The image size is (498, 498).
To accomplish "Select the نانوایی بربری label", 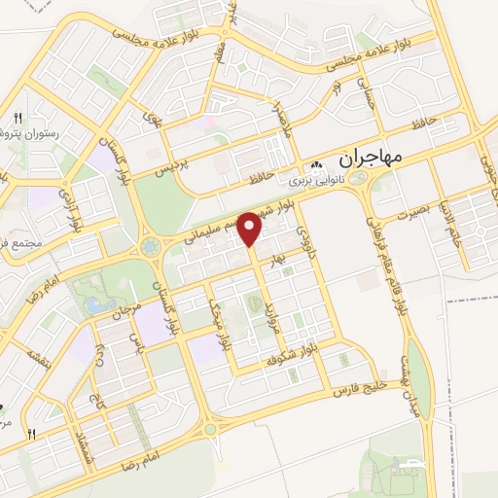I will point(316,179).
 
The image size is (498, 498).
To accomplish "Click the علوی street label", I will point(152,120).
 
